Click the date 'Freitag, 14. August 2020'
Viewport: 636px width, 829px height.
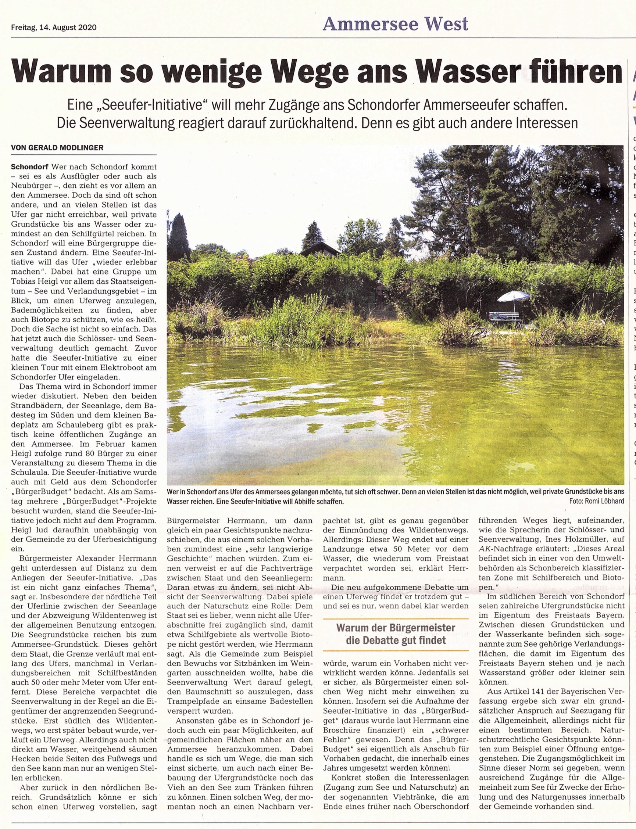pyautogui.click(x=53, y=28)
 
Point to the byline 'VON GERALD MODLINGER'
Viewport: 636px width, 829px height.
pyautogui.click(x=57, y=148)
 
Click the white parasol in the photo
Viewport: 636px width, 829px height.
pyautogui.click(x=513, y=297)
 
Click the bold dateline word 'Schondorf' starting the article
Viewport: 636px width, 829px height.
pyautogui.click(x=29, y=166)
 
